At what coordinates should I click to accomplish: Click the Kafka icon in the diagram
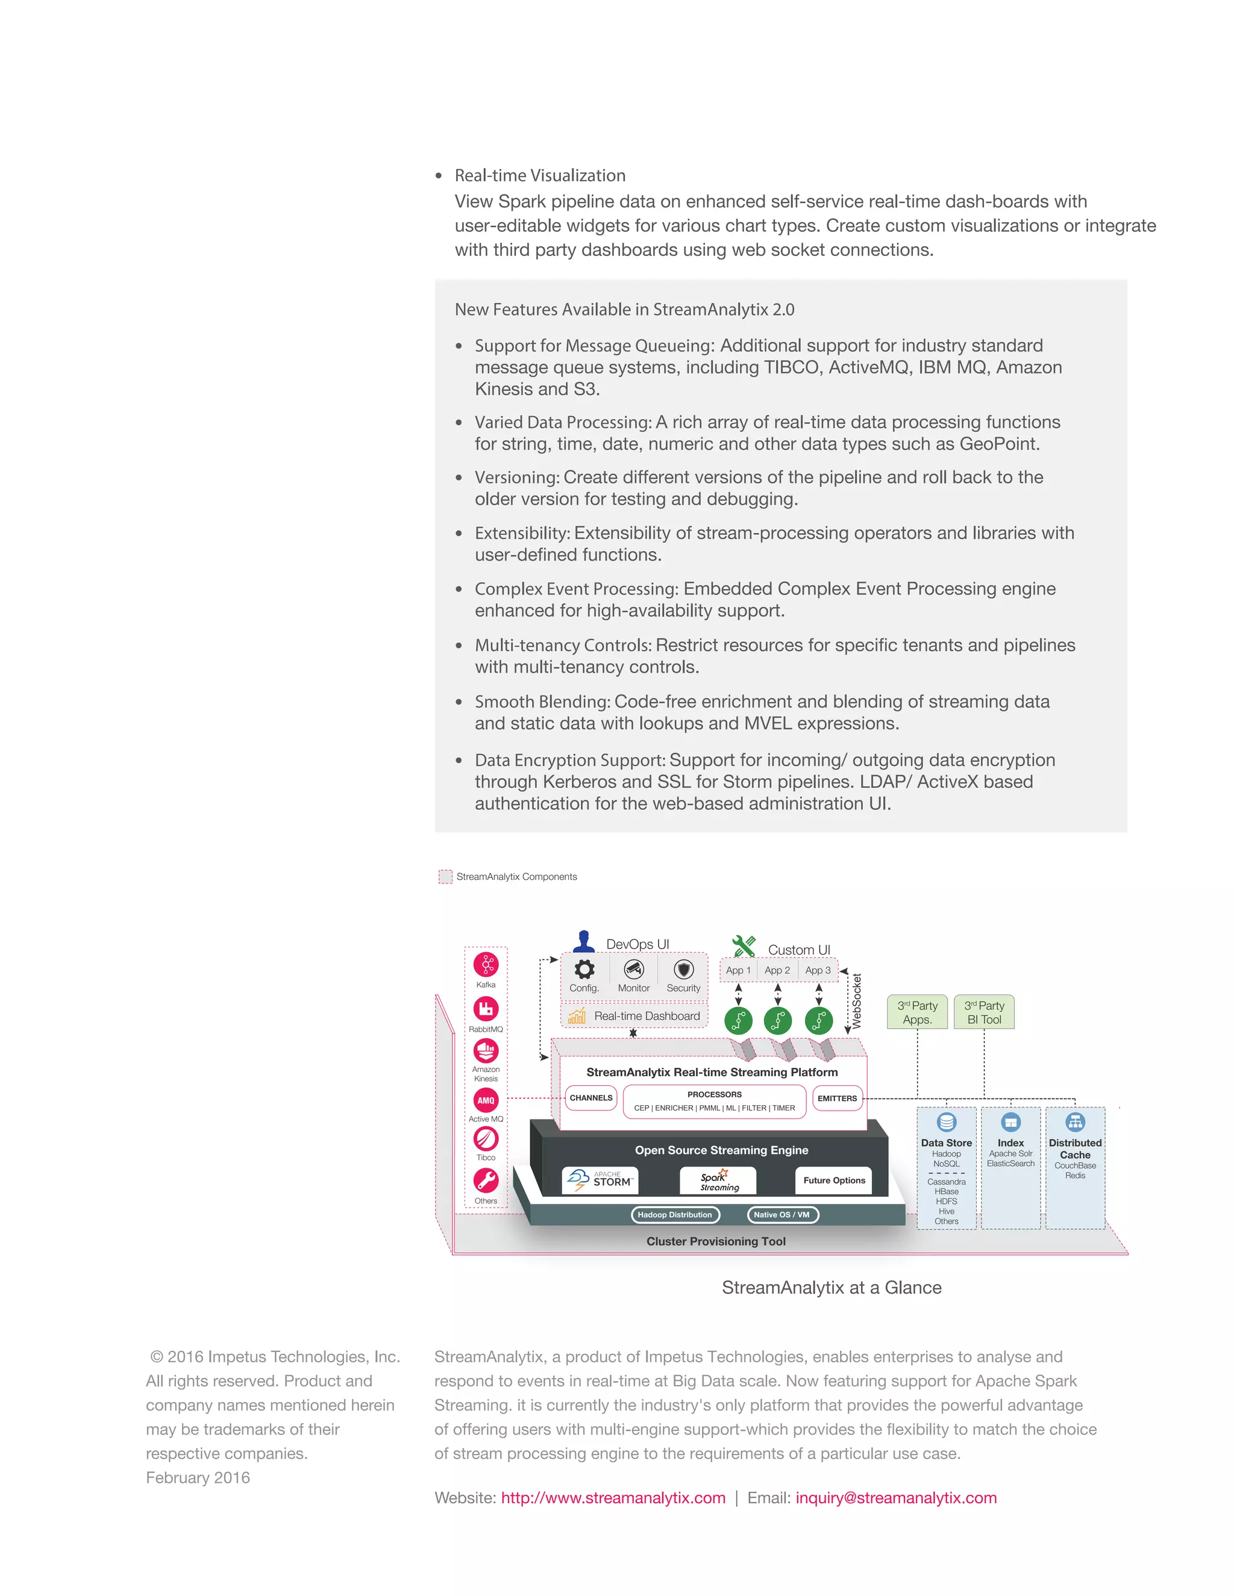486,965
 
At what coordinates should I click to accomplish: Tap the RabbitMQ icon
486,1009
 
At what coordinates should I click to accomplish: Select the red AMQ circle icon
486,1100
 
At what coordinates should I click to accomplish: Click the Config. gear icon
584,970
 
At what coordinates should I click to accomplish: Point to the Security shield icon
683,970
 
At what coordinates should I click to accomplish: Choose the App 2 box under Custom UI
777,970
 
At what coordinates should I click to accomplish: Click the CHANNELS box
590,1097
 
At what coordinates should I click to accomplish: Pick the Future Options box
833,1180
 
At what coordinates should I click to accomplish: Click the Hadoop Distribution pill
675,1215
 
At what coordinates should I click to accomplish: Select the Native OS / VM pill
782,1215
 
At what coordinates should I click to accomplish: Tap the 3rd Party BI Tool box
984,1012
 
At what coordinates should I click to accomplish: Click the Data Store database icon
946,1122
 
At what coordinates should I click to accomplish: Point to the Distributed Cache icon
1075,1122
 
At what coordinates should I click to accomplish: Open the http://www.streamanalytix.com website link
613,1497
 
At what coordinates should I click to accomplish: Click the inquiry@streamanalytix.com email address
895,1497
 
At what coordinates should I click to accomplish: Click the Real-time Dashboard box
634,1016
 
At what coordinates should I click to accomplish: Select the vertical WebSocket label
857,1001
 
